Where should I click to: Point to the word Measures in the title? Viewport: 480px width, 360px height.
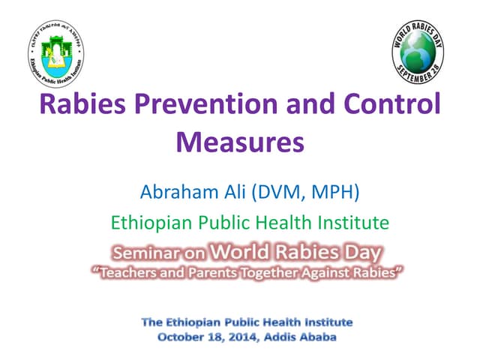point(240,140)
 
